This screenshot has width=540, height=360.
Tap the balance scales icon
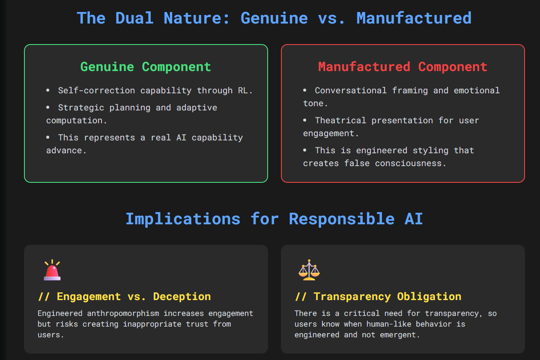[x=309, y=270]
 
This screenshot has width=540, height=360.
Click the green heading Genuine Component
[x=146, y=67]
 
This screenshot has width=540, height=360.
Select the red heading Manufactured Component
[x=403, y=67]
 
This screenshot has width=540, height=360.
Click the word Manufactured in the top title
[x=414, y=18]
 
